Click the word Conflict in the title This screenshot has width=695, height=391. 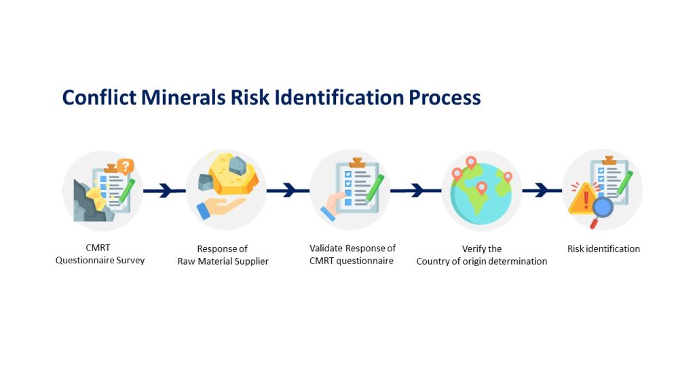[99, 98]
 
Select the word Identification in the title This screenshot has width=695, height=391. [339, 98]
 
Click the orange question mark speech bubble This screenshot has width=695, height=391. [126, 167]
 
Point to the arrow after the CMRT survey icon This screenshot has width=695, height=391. [164, 191]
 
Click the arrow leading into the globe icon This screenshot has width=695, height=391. [416, 191]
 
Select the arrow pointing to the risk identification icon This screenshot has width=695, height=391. [542, 191]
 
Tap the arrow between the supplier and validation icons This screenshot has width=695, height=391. [288, 191]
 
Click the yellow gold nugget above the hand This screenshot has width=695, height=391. [233, 174]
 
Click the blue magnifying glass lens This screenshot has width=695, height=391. [603, 207]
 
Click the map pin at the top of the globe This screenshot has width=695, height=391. [471, 162]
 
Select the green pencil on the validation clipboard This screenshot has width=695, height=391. [375, 189]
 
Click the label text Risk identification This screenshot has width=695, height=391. [603, 248]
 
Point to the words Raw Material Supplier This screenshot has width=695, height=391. [223, 261]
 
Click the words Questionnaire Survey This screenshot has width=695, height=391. [100, 260]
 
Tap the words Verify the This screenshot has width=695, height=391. [482, 248]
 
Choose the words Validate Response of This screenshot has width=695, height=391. [352, 248]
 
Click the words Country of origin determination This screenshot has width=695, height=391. [482, 261]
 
